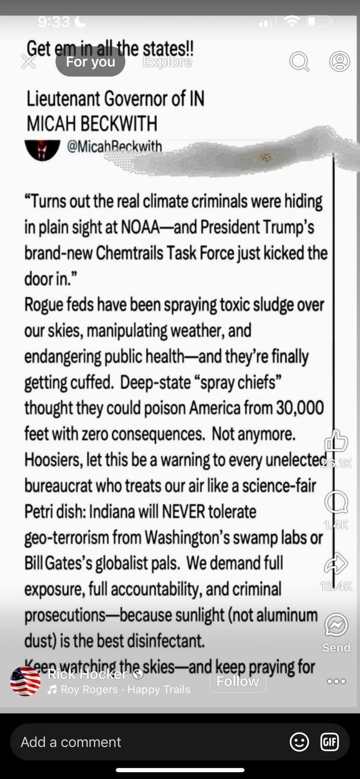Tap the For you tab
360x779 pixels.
tap(90, 62)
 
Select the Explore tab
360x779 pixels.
tap(167, 62)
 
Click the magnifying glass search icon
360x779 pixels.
tap(299, 62)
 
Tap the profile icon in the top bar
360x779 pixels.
tap(339, 61)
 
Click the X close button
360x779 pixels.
tap(29, 62)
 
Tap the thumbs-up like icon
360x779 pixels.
tap(336, 442)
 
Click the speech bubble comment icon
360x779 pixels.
tap(336, 502)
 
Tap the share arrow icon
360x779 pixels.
tap(336, 563)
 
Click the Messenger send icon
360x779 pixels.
tap(336, 625)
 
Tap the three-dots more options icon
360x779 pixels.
tap(336, 681)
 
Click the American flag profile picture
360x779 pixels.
tap(25, 681)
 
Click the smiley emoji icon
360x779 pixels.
tap(299, 742)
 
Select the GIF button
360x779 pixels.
tap(329, 742)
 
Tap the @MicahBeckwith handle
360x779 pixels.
tap(114, 146)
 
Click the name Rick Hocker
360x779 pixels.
tap(87, 674)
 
